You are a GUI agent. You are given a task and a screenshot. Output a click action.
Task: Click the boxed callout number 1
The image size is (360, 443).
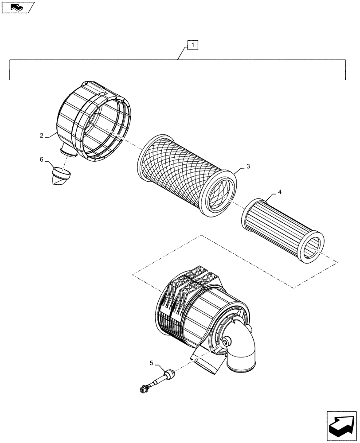coord(193,45)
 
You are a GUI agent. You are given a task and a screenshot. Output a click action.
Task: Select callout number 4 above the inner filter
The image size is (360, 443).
coord(279,192)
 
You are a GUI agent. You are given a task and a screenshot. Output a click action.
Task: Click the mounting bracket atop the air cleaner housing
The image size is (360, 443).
coord(195,277)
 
